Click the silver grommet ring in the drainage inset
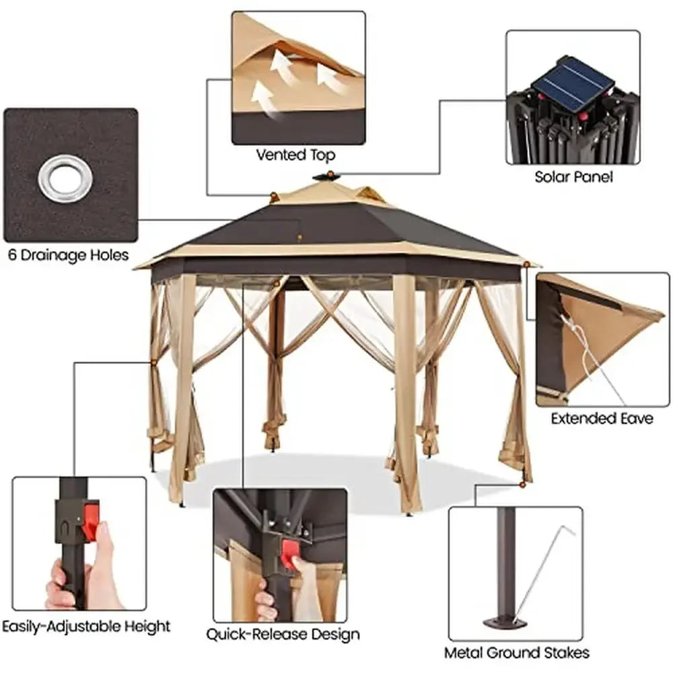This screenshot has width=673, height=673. click(x=64, y=178)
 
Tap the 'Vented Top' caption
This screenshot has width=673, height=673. click(x=295, y=155)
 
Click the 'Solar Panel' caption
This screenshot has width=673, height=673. click(x=573, y=177)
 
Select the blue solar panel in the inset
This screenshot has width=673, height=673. click(x=573, y=79)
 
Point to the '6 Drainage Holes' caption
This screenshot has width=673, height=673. click(x=69, y=255)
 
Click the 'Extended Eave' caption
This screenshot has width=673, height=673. click(x=602, y=419)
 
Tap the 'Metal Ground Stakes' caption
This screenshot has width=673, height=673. click(x=516, y=652)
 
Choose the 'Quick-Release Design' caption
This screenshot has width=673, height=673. click(x=283, y=633)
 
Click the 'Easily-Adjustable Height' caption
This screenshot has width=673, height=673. click(x=85, y=626)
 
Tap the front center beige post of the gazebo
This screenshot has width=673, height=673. click(x=405, y=390)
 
